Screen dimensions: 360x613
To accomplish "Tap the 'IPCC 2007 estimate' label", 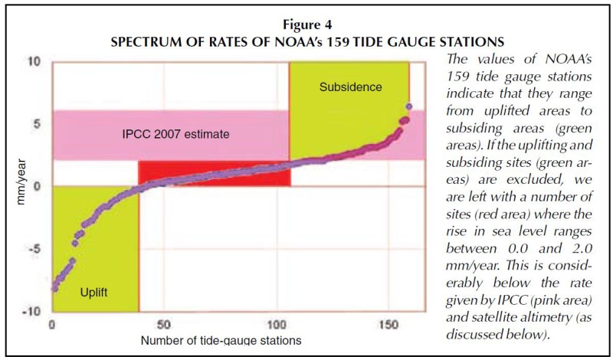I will tap(176, 134).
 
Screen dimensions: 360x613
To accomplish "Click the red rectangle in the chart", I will tap(215, 173).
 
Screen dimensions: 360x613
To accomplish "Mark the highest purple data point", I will tap(409, 106).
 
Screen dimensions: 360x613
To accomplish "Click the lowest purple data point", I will tap(54, 289).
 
